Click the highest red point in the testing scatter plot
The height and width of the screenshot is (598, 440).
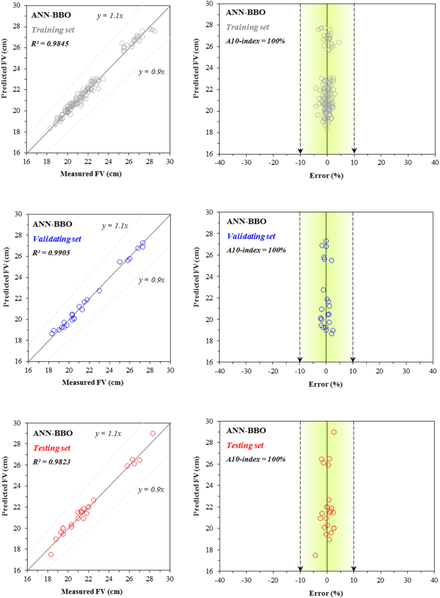click(153, 433)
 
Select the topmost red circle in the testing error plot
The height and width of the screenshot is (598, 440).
click(334, 432)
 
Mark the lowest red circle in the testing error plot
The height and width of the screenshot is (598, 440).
click(315, 555)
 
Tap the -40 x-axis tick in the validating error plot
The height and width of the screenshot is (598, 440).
click(220, 371)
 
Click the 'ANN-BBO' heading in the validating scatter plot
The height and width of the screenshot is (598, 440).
click(53, 224)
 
